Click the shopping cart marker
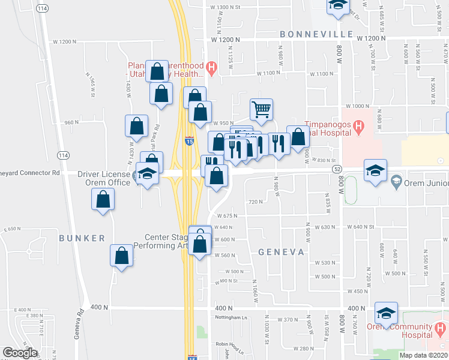pos(261,109)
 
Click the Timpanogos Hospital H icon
pos(358,127)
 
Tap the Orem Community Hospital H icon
pos(441,328)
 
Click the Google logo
pos(20,353)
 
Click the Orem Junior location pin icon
pos(396,181)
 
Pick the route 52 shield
pos(337,170)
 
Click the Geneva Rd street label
pos(79,325)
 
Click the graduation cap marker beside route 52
pos(375,170)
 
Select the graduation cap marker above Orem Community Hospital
pos(386,313)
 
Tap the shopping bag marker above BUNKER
pos(103,199)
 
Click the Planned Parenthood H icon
pos(211,67)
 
